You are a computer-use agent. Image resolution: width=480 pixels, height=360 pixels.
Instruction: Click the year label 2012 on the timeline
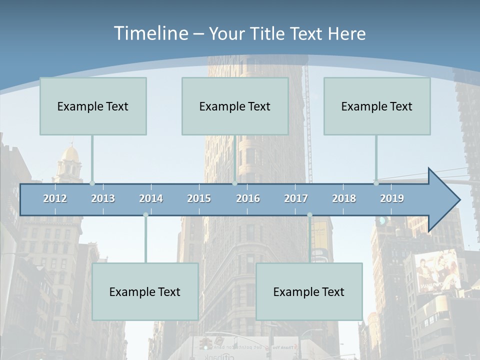55,198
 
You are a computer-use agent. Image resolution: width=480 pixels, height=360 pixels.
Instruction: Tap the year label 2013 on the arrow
103,198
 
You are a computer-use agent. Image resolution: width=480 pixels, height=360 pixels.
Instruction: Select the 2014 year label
151,198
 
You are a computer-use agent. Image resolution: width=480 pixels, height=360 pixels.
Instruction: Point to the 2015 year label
199,198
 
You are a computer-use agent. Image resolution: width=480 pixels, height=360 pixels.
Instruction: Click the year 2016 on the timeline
248,198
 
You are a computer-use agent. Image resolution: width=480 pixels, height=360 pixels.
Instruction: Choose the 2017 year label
296,198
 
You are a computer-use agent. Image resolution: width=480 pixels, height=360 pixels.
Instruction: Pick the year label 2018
344,198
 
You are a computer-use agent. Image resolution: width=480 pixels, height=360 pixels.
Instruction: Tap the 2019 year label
392,198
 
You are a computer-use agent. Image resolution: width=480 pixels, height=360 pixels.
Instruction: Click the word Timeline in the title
150,33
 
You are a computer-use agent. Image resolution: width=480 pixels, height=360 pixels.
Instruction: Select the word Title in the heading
268,33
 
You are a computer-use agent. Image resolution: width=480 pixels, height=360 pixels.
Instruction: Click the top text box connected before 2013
93,106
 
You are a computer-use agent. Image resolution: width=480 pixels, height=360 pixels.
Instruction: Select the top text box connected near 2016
235,106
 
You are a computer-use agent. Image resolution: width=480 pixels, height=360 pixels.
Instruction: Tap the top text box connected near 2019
377,106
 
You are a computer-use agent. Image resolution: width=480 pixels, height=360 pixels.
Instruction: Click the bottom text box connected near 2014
145,291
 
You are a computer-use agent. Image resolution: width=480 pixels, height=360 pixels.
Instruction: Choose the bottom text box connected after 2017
309,291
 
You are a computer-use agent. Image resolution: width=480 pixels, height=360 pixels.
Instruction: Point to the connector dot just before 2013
92,183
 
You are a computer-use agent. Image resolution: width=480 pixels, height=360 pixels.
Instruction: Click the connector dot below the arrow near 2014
145,215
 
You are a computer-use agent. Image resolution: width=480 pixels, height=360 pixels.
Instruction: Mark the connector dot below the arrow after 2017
309,215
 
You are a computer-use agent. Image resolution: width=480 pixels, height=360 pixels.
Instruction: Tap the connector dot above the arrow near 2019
376,183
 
